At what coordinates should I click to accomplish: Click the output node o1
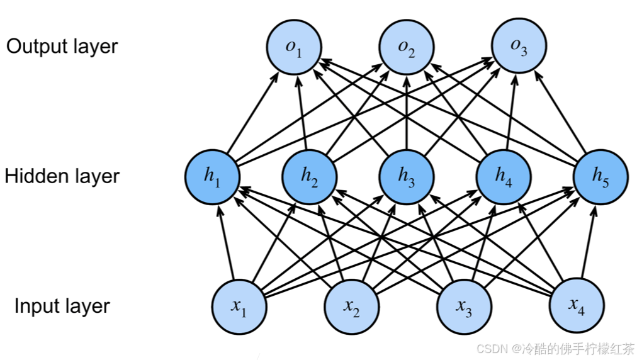[x=294, y=47]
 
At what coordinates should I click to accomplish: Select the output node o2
[x=407, y=47]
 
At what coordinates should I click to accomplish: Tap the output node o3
[x=519, y=47]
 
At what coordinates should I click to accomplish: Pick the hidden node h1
[x=213, y=176]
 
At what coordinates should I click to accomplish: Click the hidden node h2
[x=309, y=176]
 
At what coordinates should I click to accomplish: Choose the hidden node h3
[x=406, y=176]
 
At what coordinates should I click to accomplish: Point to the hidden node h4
[x=503, y=176]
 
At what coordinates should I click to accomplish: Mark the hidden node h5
[x=600, y=176]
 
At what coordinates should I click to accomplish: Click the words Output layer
[x=62, y=47]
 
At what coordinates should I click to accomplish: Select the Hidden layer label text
[x=62, y=176]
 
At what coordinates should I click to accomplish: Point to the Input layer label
[x=62, y=307]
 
